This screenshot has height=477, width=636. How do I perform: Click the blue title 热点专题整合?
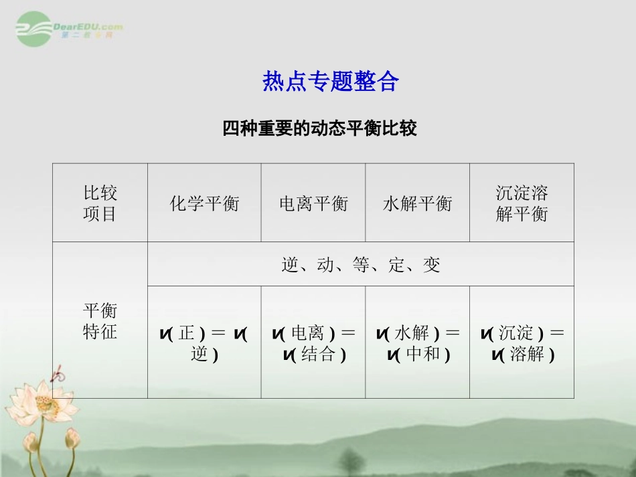point(331,82)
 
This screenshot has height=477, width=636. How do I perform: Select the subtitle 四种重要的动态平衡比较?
point(320,128)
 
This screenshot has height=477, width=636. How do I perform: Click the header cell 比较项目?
point(100,203)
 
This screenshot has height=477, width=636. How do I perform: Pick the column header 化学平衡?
point(204,203)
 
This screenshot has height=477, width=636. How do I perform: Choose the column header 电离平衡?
point(313,203)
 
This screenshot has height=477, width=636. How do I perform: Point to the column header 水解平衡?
point(417,203)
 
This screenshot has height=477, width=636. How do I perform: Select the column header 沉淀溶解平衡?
point(522,203)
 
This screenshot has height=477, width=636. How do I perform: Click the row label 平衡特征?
point(100,321)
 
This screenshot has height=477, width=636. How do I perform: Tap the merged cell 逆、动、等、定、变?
point(361,265)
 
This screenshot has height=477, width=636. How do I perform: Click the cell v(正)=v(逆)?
point(204,343)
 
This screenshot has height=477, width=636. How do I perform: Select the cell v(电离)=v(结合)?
point(313,343)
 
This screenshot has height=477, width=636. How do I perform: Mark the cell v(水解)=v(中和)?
point(417,343)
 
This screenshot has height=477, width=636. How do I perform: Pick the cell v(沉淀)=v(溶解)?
point(522,343)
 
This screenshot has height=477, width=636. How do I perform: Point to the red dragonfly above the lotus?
point(59,373)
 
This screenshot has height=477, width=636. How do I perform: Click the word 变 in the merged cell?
point(432,265)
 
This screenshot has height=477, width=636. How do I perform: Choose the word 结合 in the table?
point(319,354)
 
